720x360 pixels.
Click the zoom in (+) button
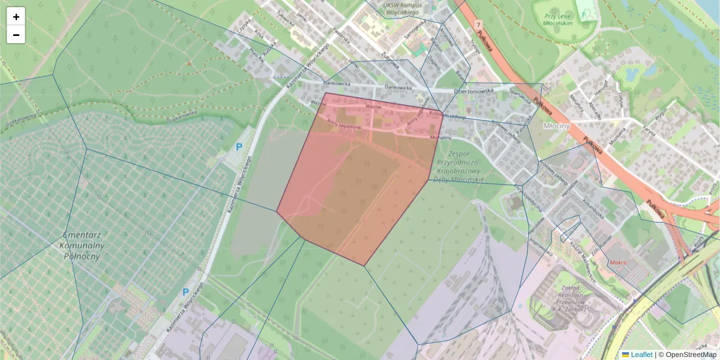click(16, 17)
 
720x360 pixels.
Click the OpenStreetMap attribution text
click(688, 355)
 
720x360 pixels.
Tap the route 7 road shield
click(478, 25)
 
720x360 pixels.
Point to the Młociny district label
click(560, 127)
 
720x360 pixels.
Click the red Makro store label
click(620, 262)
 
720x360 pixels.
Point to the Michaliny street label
click(441, 137)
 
